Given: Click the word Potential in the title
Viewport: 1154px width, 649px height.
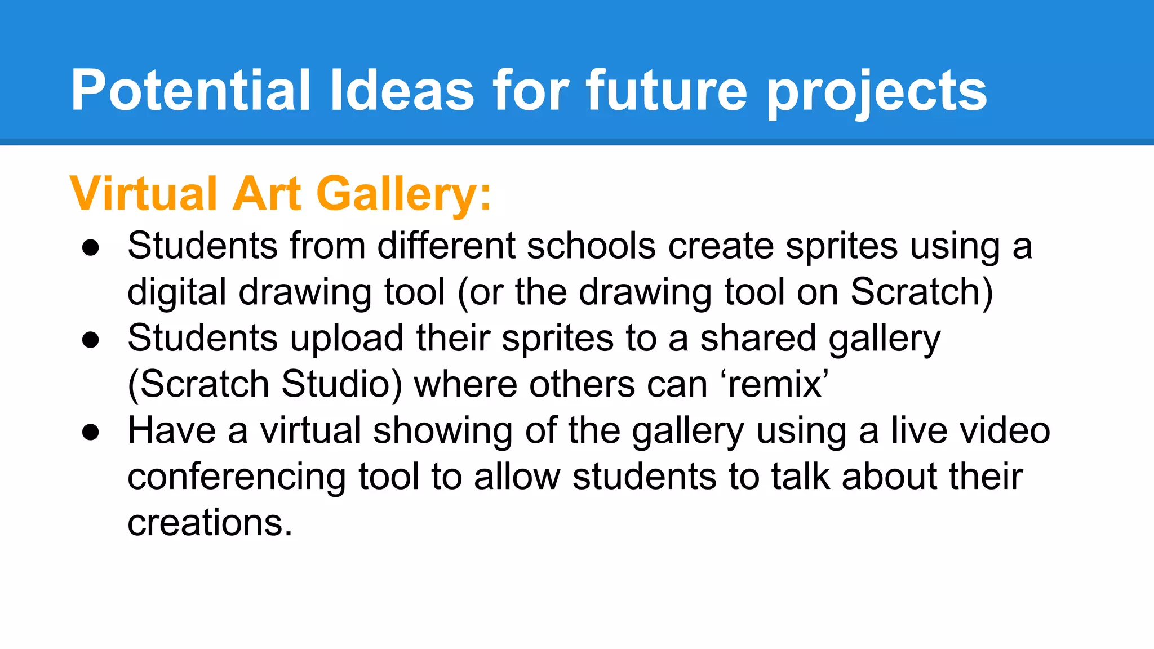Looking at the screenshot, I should point(190,90).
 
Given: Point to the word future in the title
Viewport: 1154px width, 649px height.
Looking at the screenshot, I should point(667,90).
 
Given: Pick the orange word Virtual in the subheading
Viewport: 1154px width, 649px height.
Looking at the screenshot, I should point(144,193).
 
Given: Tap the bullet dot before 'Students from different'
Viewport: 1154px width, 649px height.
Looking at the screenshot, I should point(91,247).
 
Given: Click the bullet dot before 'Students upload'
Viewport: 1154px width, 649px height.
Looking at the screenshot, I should point(91,340).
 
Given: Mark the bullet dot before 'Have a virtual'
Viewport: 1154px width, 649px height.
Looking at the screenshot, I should point(91,432).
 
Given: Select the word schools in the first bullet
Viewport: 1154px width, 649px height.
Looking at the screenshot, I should point(591,246).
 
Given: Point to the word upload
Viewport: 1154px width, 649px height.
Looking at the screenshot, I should point(347,339).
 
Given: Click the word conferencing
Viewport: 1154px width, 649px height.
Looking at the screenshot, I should point(236,477).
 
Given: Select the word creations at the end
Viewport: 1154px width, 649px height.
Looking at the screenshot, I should point(210,523).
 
